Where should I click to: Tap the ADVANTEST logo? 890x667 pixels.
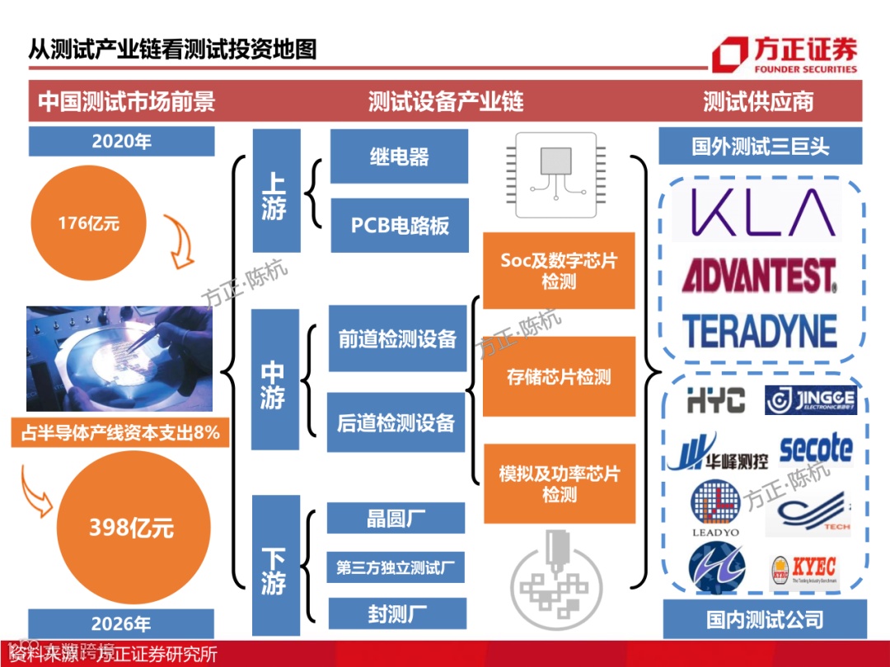[759, 276]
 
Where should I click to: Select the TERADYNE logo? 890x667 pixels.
[759, 331]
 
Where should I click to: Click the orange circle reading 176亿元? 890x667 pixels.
[88, 222]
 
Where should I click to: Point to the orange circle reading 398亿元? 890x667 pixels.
[131, 528]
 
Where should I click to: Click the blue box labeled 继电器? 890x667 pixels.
[399, 156]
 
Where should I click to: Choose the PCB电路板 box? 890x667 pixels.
[400, 225]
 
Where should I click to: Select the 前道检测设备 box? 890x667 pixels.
[397, 338]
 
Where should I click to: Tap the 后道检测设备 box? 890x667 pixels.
[396, 423]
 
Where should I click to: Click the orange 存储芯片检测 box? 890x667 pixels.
[559, 377]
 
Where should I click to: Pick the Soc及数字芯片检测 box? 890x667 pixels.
[559, 271]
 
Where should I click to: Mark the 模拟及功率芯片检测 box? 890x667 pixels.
[559, 484]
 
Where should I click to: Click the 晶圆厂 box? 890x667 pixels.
[396, 519]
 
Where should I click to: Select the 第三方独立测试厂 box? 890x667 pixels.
[396, 567]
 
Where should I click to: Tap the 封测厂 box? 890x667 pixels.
[397, 613]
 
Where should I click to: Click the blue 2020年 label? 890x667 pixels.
[121, 141]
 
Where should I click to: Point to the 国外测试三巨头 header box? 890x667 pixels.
[760, 147]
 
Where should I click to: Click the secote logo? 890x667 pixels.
[815, 450]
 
